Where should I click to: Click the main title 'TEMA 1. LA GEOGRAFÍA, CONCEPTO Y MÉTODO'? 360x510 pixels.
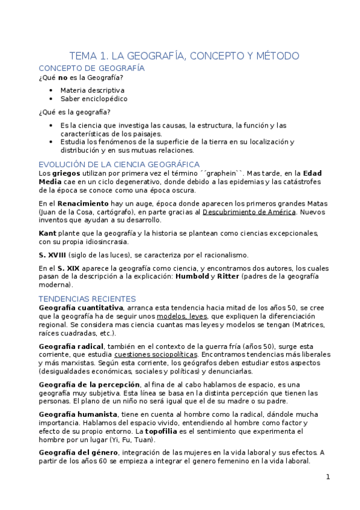point(184,56)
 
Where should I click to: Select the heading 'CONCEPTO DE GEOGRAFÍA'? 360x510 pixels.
point(91,69)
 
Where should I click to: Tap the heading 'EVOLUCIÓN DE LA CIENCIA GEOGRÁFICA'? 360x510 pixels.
point(119,164)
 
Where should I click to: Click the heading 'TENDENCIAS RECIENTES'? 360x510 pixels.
point(87,299)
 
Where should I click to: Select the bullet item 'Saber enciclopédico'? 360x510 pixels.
point(94,99)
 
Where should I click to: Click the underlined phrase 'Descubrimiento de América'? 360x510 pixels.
point(248,212)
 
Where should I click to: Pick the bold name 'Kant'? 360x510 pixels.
point(47,233)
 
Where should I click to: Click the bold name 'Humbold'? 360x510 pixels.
point(192,276)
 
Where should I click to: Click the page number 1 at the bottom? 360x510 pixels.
point(328,477)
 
